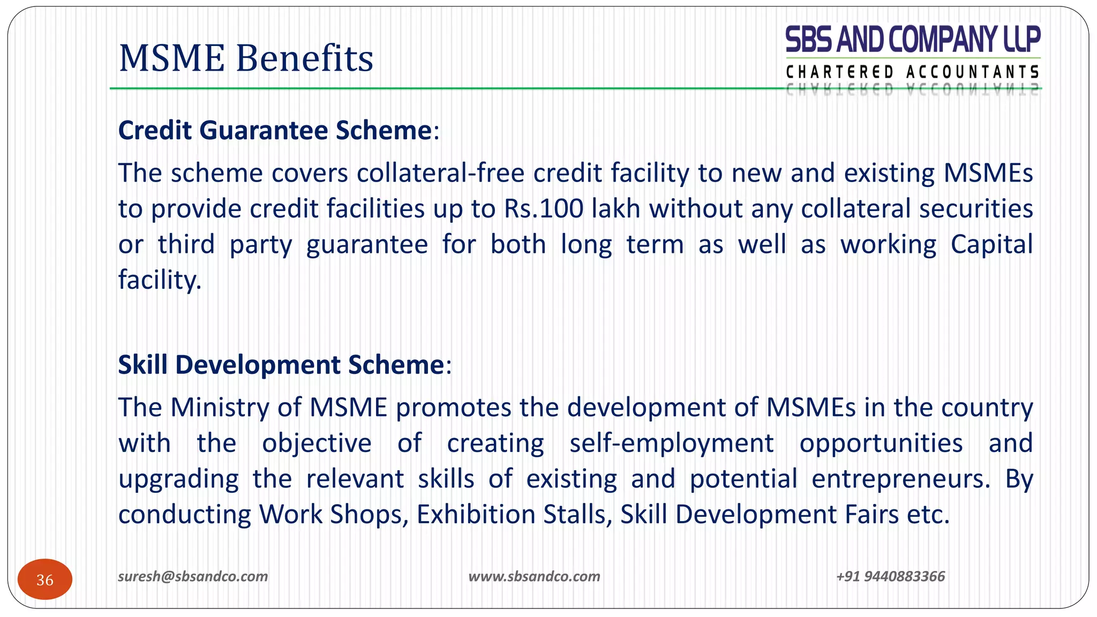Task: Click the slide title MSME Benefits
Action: [x=246, y=58]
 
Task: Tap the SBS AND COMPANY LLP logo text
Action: [x=913, y=40]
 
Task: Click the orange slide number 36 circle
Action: [x=45, y=580]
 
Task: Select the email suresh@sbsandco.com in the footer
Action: [x=193, y=576]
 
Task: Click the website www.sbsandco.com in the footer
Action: [x=534, y=576]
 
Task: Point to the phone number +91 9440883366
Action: [x=890, y=576]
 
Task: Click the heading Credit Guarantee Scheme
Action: [x=275, y=130]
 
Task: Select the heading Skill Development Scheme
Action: [x=281, y=365]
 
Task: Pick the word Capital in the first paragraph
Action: [x=991, y=244]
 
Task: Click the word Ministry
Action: [x=220, y=408]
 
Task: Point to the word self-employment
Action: [x=672, y=443]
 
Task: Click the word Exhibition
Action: [x=476, y=515]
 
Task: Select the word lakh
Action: [x=616, y=208]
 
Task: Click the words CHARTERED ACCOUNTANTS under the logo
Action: [x=913, y=72]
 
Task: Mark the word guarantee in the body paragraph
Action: [x=367, y=245]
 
